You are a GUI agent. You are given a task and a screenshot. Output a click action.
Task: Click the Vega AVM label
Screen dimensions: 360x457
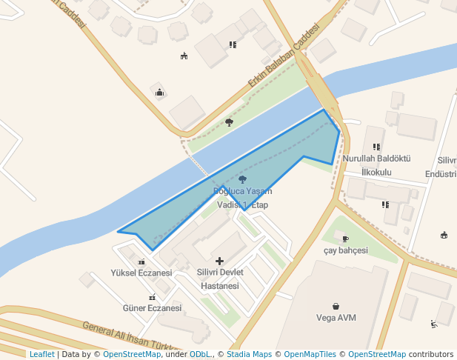tap(336, 318)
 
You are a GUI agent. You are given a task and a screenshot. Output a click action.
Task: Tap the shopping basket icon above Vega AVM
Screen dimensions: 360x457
tap(336, 306)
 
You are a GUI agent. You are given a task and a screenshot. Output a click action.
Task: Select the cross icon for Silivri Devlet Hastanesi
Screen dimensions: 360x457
tap(219, 261)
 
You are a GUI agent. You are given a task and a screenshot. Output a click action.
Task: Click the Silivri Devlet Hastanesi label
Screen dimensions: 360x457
tap(219, 279)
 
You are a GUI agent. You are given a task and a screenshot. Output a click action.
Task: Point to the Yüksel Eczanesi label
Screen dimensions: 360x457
tap(141, 273)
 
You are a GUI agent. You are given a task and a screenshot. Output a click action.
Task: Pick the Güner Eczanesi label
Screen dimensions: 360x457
tap(152, 308)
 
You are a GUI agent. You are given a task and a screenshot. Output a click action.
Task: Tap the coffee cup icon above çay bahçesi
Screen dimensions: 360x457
tap(345, 239)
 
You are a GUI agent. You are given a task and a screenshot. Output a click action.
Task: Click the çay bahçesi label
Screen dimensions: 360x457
tap(345, 250)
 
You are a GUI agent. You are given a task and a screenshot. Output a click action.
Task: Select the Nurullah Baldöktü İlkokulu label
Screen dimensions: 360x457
tap(376, 165)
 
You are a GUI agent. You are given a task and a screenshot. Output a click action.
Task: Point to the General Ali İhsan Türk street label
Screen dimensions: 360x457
tap(130, 337)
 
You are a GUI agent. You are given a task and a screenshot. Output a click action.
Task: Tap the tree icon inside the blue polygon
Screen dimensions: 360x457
tap(242, 179)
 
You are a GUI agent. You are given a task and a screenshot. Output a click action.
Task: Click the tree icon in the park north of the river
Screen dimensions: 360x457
tap(229, 122)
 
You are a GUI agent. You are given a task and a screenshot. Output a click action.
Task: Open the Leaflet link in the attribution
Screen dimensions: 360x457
tap(41, 354)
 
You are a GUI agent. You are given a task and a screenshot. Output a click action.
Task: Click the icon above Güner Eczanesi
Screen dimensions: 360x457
tap(152, 297)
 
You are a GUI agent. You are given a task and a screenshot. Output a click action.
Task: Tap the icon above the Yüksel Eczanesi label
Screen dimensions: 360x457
tap(141, 261)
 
